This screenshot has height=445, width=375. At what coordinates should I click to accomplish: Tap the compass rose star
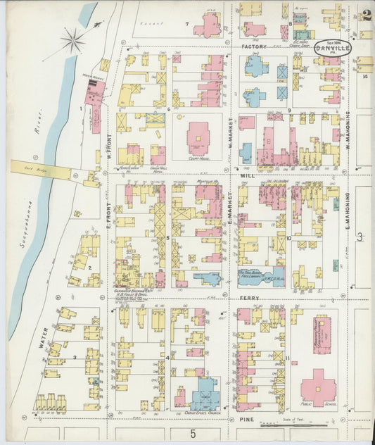(x=72, y=41)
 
